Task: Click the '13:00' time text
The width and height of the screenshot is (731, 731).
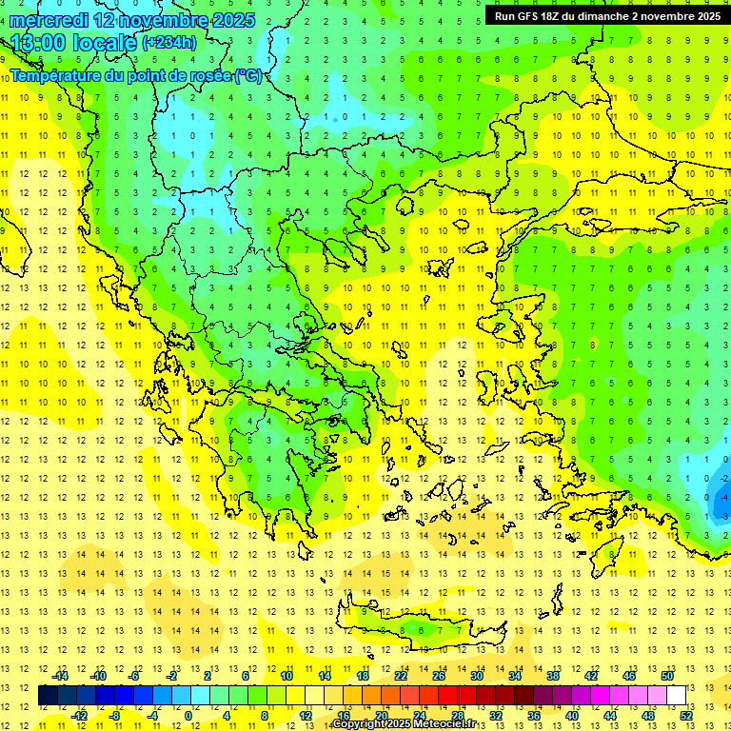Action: click(x=37, y=43)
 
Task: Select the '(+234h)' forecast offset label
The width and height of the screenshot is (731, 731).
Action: click(x=169, y=43)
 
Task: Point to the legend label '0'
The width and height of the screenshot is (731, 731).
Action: click(x=188, y=716)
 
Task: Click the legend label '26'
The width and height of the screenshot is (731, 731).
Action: click(x=439, y=675)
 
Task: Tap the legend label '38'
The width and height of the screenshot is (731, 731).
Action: click(x=553, y=675)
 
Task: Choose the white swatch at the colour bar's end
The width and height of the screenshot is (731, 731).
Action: click(x=677, y=696)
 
